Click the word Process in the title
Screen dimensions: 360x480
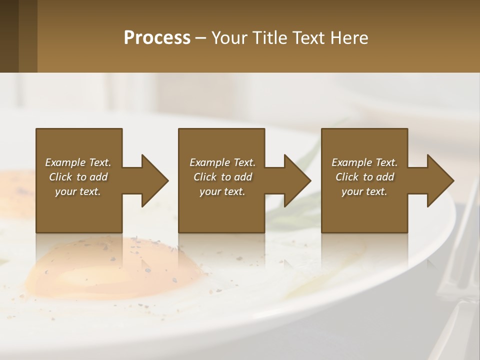[157, 38]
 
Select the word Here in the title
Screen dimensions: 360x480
[350, 38]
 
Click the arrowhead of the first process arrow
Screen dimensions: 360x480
[154, 180]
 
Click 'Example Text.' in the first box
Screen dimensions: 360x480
[78, 162]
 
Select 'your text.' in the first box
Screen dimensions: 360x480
[78, 191]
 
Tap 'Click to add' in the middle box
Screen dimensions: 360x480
[222, 177]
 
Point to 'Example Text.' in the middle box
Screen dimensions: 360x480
[222, 162]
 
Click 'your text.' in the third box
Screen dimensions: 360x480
[364, 191]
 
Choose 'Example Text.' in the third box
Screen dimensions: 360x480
[364, 162]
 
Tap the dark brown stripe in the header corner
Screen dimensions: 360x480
[9, 36]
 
